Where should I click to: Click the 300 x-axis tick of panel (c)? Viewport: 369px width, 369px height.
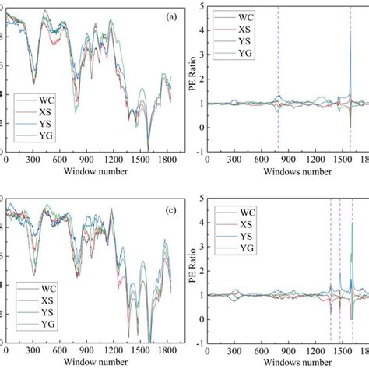click(33, 351)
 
